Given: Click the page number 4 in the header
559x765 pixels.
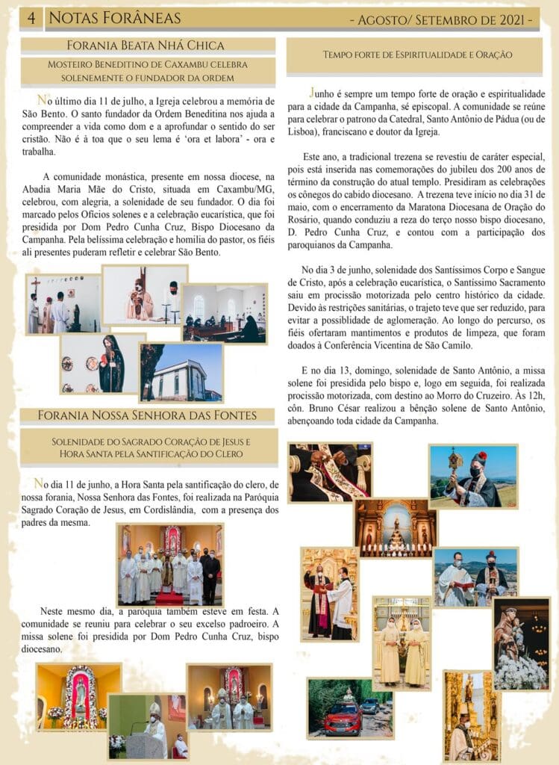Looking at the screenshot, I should pyautogui.click(x=31, y=17).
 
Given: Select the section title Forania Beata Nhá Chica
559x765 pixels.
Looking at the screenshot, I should pyautogui.click(x=146, y=46).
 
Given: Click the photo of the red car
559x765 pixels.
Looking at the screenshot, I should pyautogui.click(x=349, y=698).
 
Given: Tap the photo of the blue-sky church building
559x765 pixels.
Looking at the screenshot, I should pyautogui.click(x=181, y=372).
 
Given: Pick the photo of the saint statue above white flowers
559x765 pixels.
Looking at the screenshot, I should pyautogui.click(x=521, y=643).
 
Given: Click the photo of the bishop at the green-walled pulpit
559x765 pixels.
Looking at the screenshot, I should pyautogui.click(x=147, y=725).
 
